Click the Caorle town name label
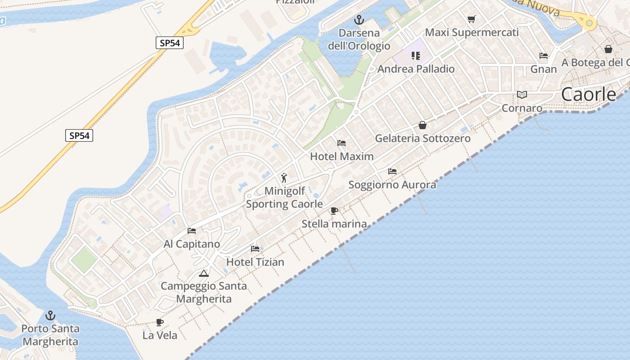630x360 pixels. coord(589,94)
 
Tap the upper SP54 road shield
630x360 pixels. coord(170,43)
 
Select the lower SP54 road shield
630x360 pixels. coord(79,135)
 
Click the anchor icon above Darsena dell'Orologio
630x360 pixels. coord(359,19)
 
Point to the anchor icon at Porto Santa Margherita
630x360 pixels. coord(50,315)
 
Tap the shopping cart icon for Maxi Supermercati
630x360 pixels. coord(471,19)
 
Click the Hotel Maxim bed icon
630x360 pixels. coord(342,143)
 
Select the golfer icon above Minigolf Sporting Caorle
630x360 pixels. coord(284,177)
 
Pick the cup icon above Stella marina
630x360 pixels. coord(334,211)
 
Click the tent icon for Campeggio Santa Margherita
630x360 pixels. coord(204,273)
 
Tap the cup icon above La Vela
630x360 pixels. coord(159,322)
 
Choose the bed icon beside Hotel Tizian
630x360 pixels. coord(255,249)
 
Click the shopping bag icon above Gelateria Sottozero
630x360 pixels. coord(422,125)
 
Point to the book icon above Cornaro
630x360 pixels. coord(522,95)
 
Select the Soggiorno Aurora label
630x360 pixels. coord(392,184)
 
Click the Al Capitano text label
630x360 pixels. coord(192,244)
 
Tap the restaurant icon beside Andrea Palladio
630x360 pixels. coord(416,56)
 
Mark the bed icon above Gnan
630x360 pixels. coord(544,56)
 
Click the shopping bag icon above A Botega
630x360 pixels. coord(608,49)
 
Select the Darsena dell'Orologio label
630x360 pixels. coord(359,39)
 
